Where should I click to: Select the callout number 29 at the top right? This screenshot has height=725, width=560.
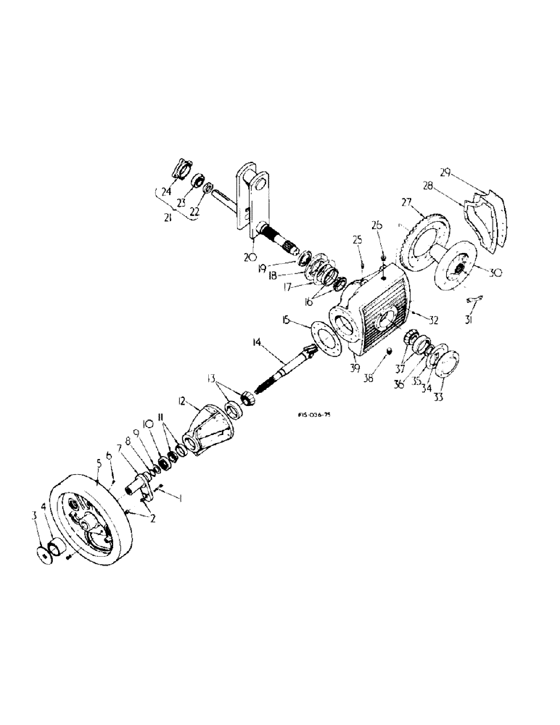[x=445, y=173]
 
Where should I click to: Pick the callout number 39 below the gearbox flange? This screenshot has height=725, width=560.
[x=355, y=368]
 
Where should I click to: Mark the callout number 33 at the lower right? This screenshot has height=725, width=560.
[x=439, y=398]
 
